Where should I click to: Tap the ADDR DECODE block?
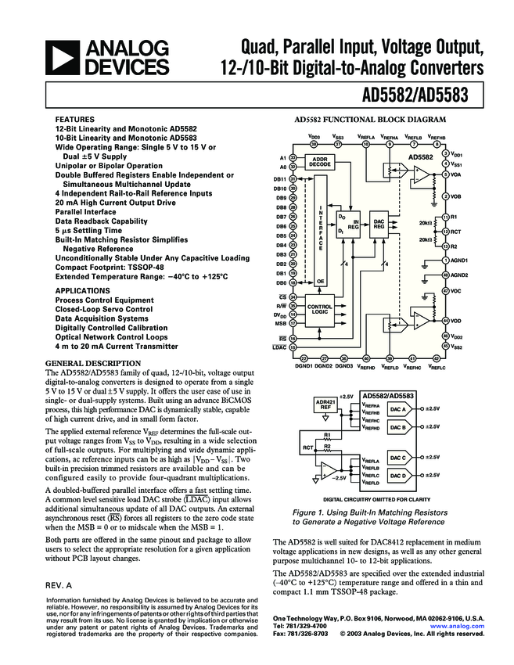319,162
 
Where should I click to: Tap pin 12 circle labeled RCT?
445,232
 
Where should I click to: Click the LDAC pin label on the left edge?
279,346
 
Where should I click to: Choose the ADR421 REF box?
324,404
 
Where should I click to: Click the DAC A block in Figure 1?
398,409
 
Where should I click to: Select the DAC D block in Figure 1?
398,475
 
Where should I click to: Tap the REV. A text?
59,584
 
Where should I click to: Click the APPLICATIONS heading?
82,290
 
